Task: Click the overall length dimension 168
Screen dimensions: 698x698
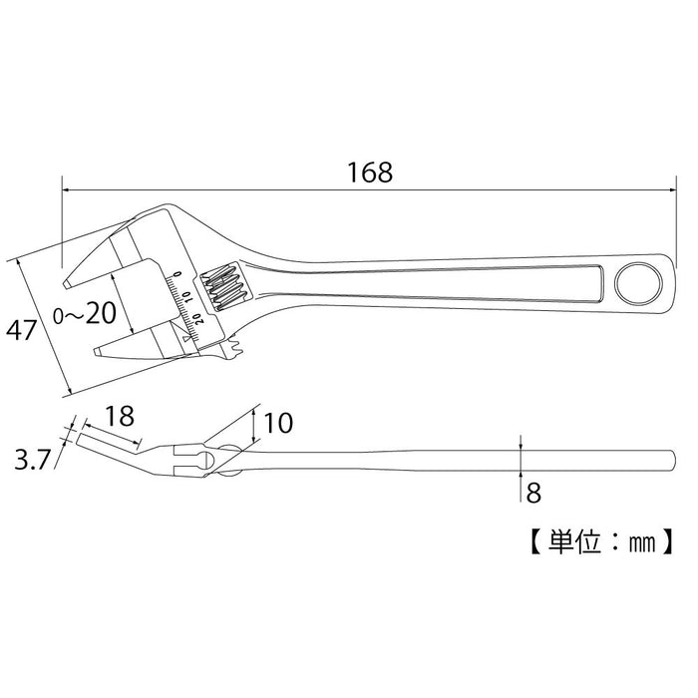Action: [x=370, y=172]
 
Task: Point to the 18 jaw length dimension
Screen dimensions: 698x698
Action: [x=119, y=414]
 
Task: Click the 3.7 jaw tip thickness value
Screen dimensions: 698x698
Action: [x=31, y=460]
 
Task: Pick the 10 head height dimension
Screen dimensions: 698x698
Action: [x=280, y=424]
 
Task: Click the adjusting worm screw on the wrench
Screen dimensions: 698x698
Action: [x=221, y=286]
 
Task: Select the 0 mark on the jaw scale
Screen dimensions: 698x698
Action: [x=176, y=273]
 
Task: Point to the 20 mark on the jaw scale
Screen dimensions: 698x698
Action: [x=198, y=319]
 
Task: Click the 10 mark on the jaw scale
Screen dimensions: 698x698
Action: [x=187, y=297]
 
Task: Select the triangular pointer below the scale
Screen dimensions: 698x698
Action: [x=186, y=340]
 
